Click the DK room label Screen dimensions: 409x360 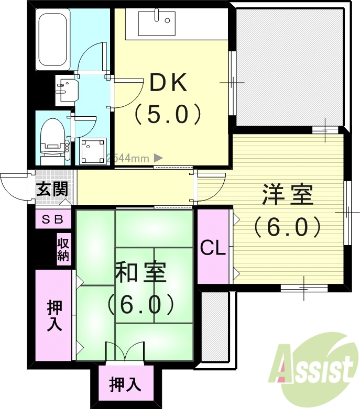(x=168, y=83)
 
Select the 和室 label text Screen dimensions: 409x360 (x=140, y=273)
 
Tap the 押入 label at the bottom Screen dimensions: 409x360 (x=125, y=385)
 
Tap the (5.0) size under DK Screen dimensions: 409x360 (x=168, y=114)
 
